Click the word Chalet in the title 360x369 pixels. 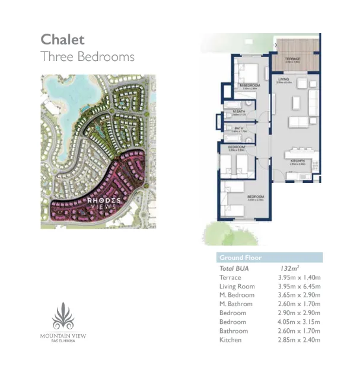click(x=62, y=39)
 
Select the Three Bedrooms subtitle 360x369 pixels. click(x=87, y=57)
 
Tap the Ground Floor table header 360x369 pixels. click(x=240, y=258)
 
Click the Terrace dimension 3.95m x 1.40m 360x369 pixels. click(x=300, y=277)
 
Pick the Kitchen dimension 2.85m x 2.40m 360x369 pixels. click(x=300, y=340)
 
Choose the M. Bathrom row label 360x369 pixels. click(x=236, y=304)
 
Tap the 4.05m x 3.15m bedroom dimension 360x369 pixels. click(x=300, y=322)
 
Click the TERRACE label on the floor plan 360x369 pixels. click(x=292, y=59)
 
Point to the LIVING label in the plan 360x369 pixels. click(x=283, y=79)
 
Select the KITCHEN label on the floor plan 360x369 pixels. click(x=297, y=161)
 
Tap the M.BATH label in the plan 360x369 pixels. click(x=239, y=111)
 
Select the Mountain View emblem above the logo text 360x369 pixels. click(x=63, y=316)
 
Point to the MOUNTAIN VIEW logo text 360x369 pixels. click(x=63, y=336)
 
